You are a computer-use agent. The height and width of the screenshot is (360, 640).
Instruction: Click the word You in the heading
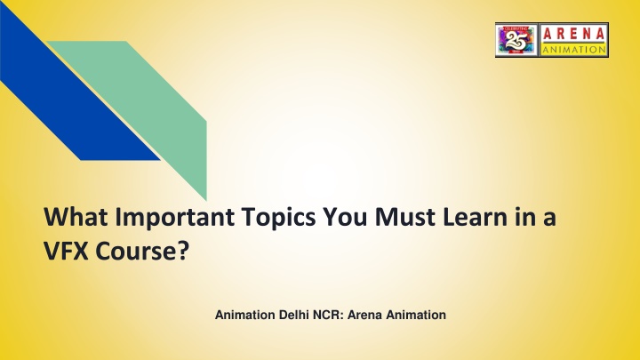[345, 217]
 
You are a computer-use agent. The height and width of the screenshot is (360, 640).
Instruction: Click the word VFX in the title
[66, 251]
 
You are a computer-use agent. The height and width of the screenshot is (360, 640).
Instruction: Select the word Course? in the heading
[142, 251]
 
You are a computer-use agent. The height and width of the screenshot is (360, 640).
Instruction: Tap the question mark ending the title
[184, 251]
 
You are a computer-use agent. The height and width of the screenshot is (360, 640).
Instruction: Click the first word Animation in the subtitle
[245, 315]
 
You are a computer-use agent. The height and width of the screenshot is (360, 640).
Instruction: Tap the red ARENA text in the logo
[573, 35]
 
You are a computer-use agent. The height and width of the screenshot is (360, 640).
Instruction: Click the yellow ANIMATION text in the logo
[573, 50]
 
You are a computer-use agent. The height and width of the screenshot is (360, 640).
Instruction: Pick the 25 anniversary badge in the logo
[516, 40]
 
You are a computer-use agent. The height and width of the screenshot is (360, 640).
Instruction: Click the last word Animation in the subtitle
[416, 315]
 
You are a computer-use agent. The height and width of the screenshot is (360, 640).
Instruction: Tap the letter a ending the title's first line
[549, 220]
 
